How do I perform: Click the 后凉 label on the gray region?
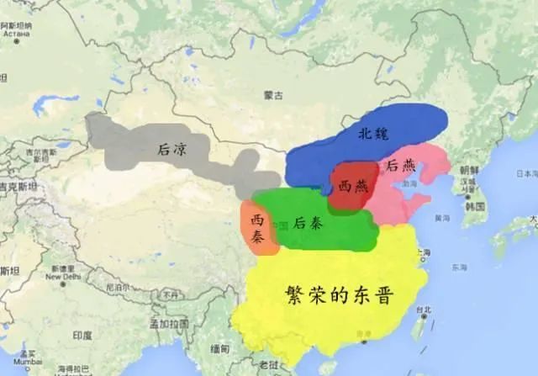172,148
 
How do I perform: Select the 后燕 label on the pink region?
398,167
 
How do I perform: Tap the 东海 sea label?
457,268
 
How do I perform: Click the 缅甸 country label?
220,348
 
